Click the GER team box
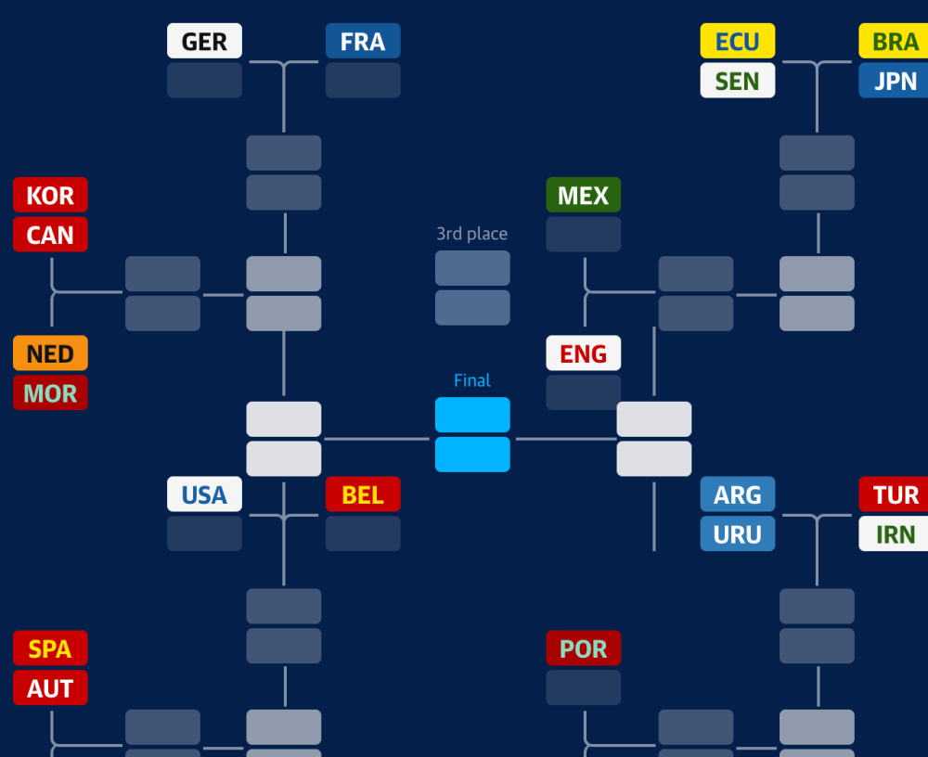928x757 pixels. (x=204, y=41)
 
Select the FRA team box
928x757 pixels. (x=363, y=41)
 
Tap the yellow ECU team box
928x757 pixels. (x=738, y=41)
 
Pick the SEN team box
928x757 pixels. (x=738, y=81)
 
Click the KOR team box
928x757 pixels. (x=50, y=195)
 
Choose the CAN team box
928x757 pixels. (x=50, y=235)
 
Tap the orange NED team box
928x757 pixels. (x=50, y=353)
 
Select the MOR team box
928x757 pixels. (x=50, y=392)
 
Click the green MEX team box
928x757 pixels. (x=584, y=195)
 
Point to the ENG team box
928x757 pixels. (x=584, y=353)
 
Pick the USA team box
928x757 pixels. (x=204, y=494)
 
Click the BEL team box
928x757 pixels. (x=363, y=494)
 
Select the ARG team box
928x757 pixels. (x=738, y=494)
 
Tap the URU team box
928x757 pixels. (x=738, y=533)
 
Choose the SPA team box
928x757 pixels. (x=50, y=648)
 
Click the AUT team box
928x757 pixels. (x=50, y=687)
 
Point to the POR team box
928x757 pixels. (x=584, y=648)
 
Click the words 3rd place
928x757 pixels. (x=471, y=234)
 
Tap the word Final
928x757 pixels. (x=472, y=380)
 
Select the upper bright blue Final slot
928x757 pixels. (x=472, y=415)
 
